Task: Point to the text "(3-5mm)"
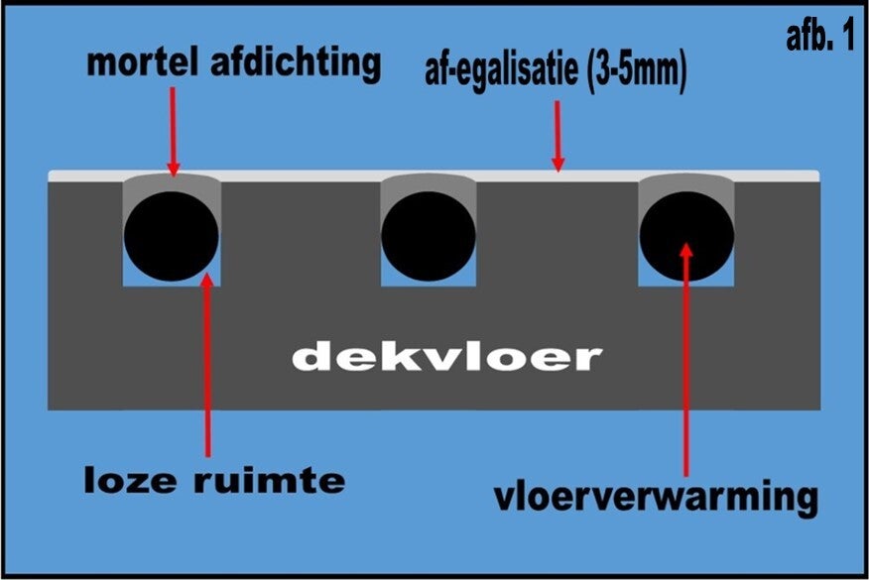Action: (634, 71)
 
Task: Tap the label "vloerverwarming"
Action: (657, 495)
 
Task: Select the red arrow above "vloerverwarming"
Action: (684, 357)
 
